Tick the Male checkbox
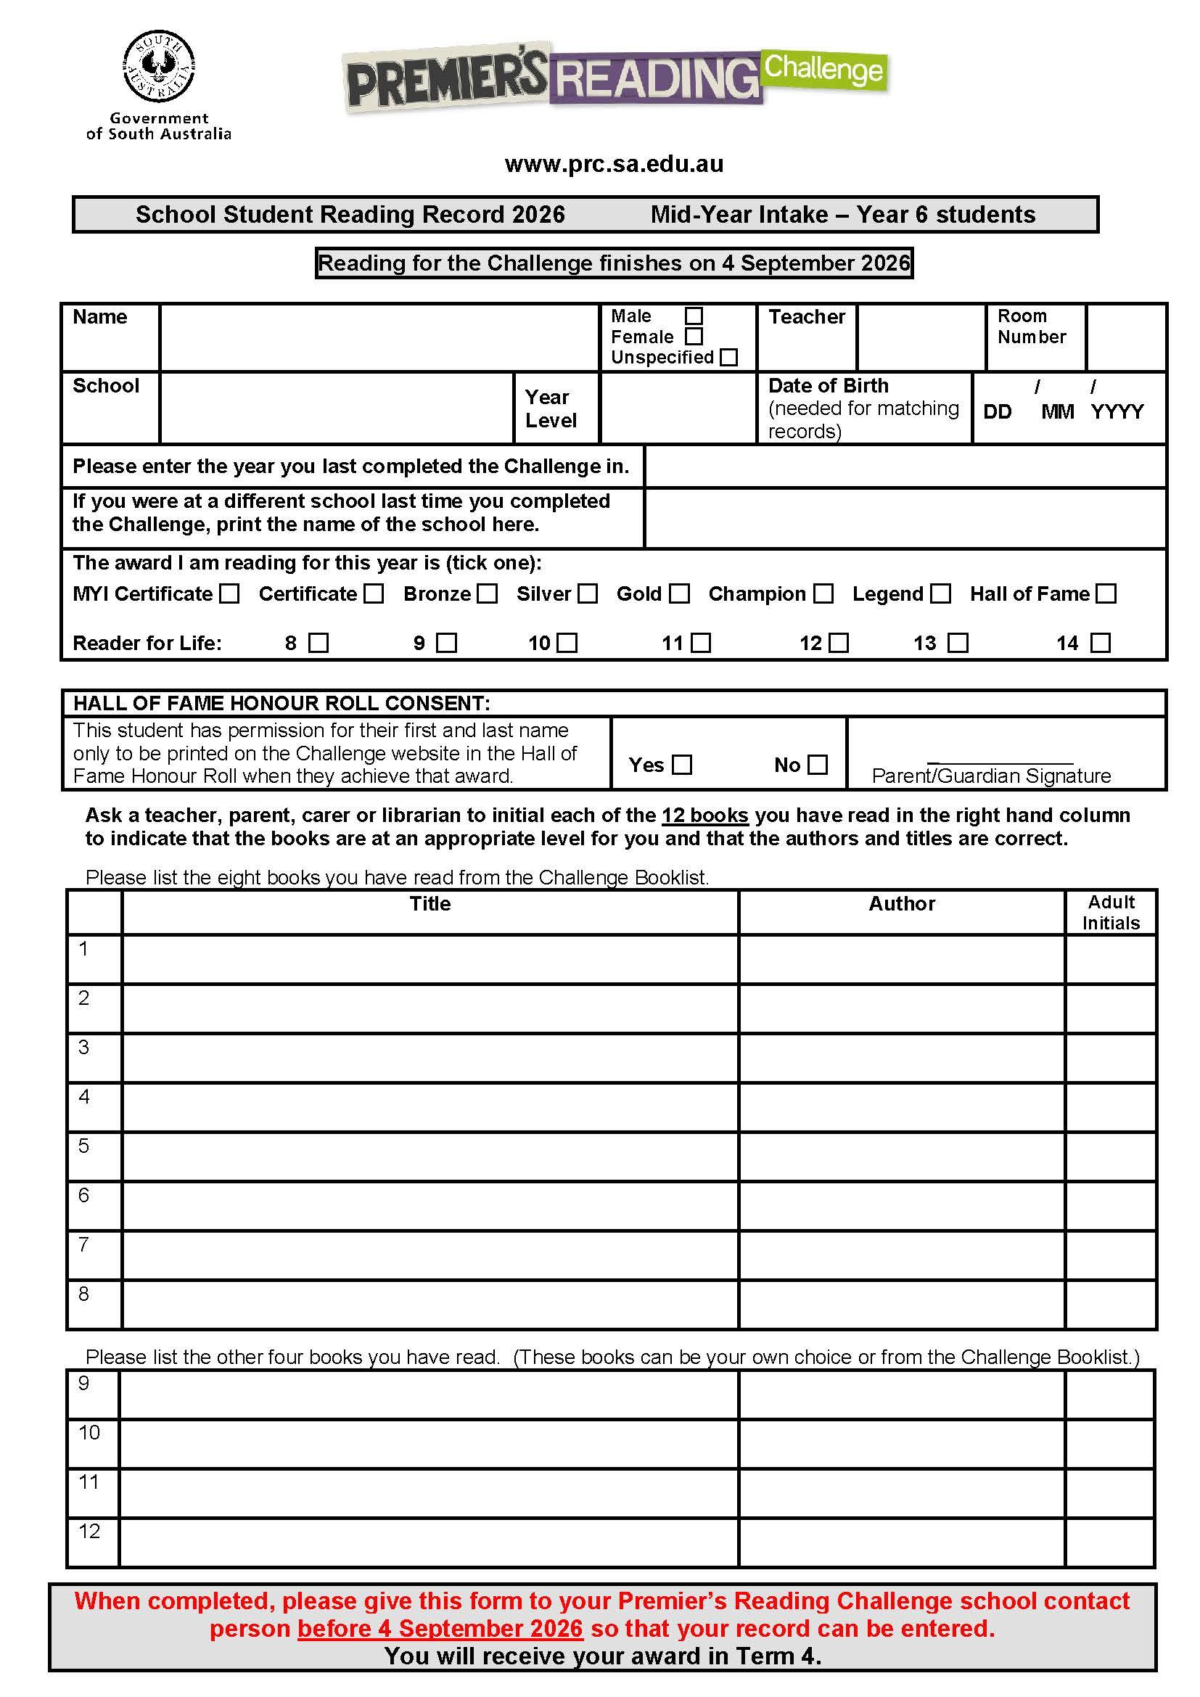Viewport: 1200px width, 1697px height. coord(693,316)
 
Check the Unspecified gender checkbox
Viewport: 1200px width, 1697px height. coord(728,357)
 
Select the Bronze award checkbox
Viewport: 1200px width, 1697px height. coord(487,593)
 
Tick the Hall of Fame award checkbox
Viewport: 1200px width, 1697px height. coord(1106,593)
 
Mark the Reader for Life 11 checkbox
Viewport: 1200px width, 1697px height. coord(701,643)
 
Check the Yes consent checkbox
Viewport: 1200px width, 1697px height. coord(682,764)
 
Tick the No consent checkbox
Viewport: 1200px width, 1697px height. coord(817,764)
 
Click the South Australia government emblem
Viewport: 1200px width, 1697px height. coord(159,67)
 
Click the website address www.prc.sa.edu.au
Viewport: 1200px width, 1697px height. coord(613,164)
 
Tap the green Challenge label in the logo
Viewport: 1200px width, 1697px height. coord(823,70)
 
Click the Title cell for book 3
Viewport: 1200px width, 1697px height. coord(430,1058)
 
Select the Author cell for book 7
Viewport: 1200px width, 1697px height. coord(902,1255)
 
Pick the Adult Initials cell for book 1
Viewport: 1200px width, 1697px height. coord(1111,958)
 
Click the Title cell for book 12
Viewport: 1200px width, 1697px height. coord(429,1542)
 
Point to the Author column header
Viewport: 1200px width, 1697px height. coord(902,903)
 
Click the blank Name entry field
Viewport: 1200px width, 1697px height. coord(379,337)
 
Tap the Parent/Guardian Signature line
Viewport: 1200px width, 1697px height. coord(1000,760)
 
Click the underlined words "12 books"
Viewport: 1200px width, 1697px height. coord(705,815)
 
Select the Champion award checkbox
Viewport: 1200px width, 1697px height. coord(823,593)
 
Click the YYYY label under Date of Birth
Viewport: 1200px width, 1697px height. coord(1117,411)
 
